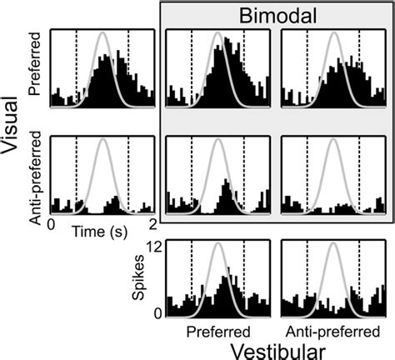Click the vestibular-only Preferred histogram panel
click(x=217, y=279)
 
